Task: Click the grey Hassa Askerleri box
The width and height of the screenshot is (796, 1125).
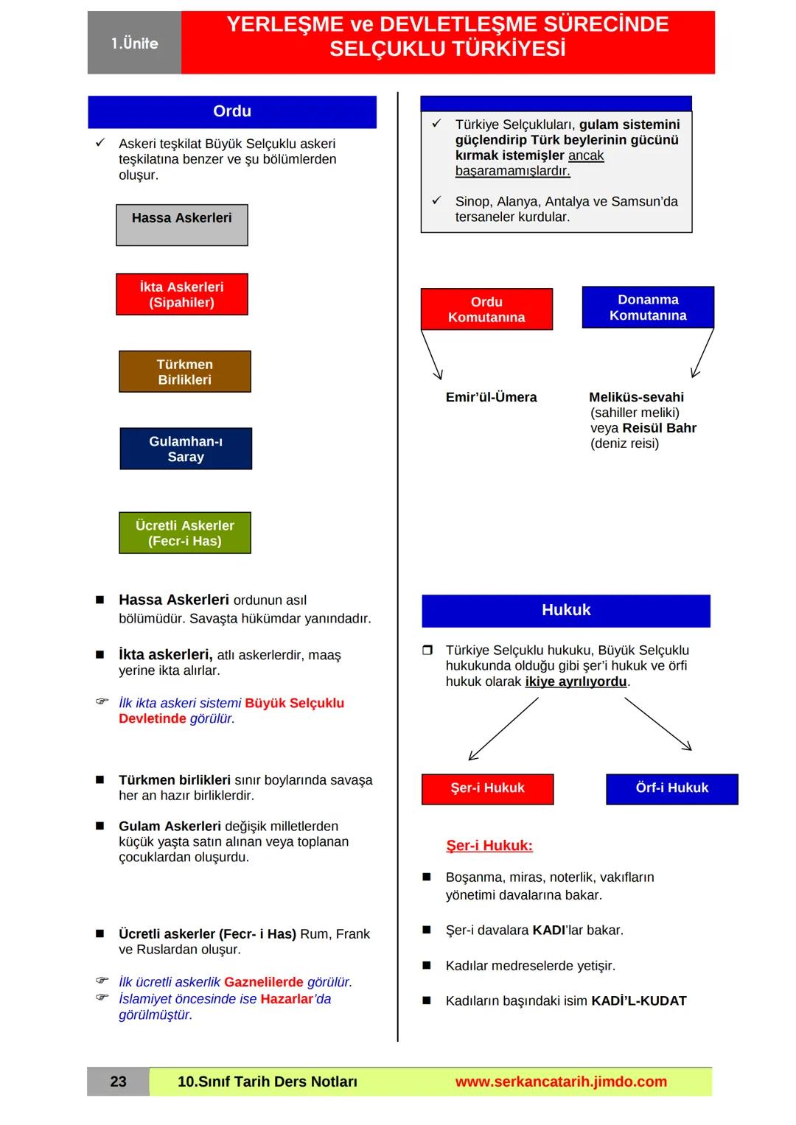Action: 182,225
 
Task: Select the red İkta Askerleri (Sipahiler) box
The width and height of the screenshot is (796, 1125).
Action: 182,294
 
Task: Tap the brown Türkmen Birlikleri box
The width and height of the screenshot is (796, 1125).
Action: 185,371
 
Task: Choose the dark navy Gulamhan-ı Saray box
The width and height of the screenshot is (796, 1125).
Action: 186,449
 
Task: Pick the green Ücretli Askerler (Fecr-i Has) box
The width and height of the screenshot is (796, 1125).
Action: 185,533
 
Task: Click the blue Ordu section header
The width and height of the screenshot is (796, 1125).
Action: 232,112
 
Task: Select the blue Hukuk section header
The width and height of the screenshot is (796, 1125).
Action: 566,611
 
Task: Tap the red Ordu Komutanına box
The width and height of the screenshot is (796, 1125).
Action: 486,309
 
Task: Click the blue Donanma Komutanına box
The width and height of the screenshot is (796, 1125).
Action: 648,307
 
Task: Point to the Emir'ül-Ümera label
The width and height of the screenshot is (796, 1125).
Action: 491,397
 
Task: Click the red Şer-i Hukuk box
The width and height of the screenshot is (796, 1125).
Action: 487,788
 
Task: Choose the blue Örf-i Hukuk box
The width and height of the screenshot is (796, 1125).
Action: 671,788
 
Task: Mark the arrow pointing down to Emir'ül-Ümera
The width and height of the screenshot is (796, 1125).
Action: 432,355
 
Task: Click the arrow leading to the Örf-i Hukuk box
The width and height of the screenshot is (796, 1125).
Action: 658,724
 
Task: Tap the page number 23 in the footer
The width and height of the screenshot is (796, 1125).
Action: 118,1082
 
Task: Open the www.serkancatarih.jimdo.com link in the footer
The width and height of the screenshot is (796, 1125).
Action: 561,1082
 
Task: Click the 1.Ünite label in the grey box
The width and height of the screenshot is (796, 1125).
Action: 135,43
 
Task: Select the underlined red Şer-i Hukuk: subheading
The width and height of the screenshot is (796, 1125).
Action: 489,846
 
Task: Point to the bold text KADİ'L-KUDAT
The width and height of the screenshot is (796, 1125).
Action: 639,1000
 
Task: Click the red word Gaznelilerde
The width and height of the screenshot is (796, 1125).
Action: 264,982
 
